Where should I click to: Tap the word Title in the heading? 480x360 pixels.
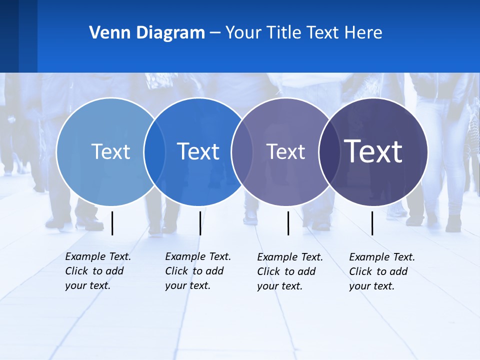click(283, 33)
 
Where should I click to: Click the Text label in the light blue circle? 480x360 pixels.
click(110, 151)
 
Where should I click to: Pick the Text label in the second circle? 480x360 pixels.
click(198, 151)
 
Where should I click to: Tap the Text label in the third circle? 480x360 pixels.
click(285, 151)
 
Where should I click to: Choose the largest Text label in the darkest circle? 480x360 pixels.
click(373, 151)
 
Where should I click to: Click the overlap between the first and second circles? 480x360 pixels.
click(154, 151)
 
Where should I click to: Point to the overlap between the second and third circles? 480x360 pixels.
click(242, 151)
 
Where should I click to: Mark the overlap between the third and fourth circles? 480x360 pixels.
click(329, 151)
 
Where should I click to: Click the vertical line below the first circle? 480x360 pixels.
click(112, 223)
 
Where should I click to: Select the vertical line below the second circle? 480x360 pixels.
click(200, 223)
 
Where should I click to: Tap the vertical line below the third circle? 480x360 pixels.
click(288, 223)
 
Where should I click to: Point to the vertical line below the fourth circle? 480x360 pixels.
click(372, 223)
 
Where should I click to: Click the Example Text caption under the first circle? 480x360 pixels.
click(98, 271)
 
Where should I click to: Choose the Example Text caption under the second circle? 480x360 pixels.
click(198, 271)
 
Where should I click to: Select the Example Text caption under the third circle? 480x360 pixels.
click(290, 271)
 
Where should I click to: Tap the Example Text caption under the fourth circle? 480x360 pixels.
click(382, 271)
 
